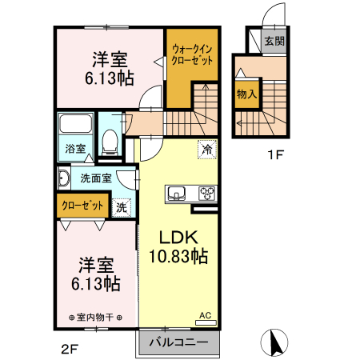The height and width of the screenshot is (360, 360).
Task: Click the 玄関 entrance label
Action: [x=274, y=42]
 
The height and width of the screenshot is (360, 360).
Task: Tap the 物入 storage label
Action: [x=247, y=94]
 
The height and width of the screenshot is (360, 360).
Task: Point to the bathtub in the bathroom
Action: [x=76, y=126]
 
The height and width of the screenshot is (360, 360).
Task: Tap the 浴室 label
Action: [x=74, y=149]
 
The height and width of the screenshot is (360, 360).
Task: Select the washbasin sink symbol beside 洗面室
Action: [x=64, y=177]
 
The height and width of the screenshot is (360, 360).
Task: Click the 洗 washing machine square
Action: [x=122, y=206]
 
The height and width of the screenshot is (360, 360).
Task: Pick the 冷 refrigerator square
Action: [x=207, y=150]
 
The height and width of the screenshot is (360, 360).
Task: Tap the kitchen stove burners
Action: [x=207, y=193]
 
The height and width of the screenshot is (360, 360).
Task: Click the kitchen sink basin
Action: [x=177, y=193]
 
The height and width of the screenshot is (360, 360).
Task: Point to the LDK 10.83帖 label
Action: [x=177, y=247]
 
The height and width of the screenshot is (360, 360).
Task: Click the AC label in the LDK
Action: [x=205, y=316]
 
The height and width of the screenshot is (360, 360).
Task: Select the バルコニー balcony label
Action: [x=179, y=342]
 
